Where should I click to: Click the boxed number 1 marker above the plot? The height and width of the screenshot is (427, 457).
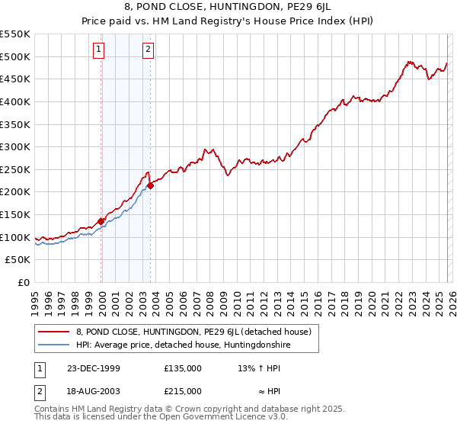[x=99, y=50]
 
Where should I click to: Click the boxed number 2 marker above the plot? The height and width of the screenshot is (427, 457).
[x=148, y=50]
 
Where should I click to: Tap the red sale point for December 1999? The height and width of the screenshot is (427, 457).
[x=101, y=221]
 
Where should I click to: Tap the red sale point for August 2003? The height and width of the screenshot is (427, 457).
[x=151, y=185]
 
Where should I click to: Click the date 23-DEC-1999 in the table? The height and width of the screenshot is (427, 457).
[x=94, y=368]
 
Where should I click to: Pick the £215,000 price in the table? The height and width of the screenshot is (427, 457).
[x=183, y=390]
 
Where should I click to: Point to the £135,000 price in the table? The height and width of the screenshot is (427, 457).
[x=183, y=368]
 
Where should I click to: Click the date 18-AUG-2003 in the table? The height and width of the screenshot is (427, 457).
[x=94, y=390]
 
